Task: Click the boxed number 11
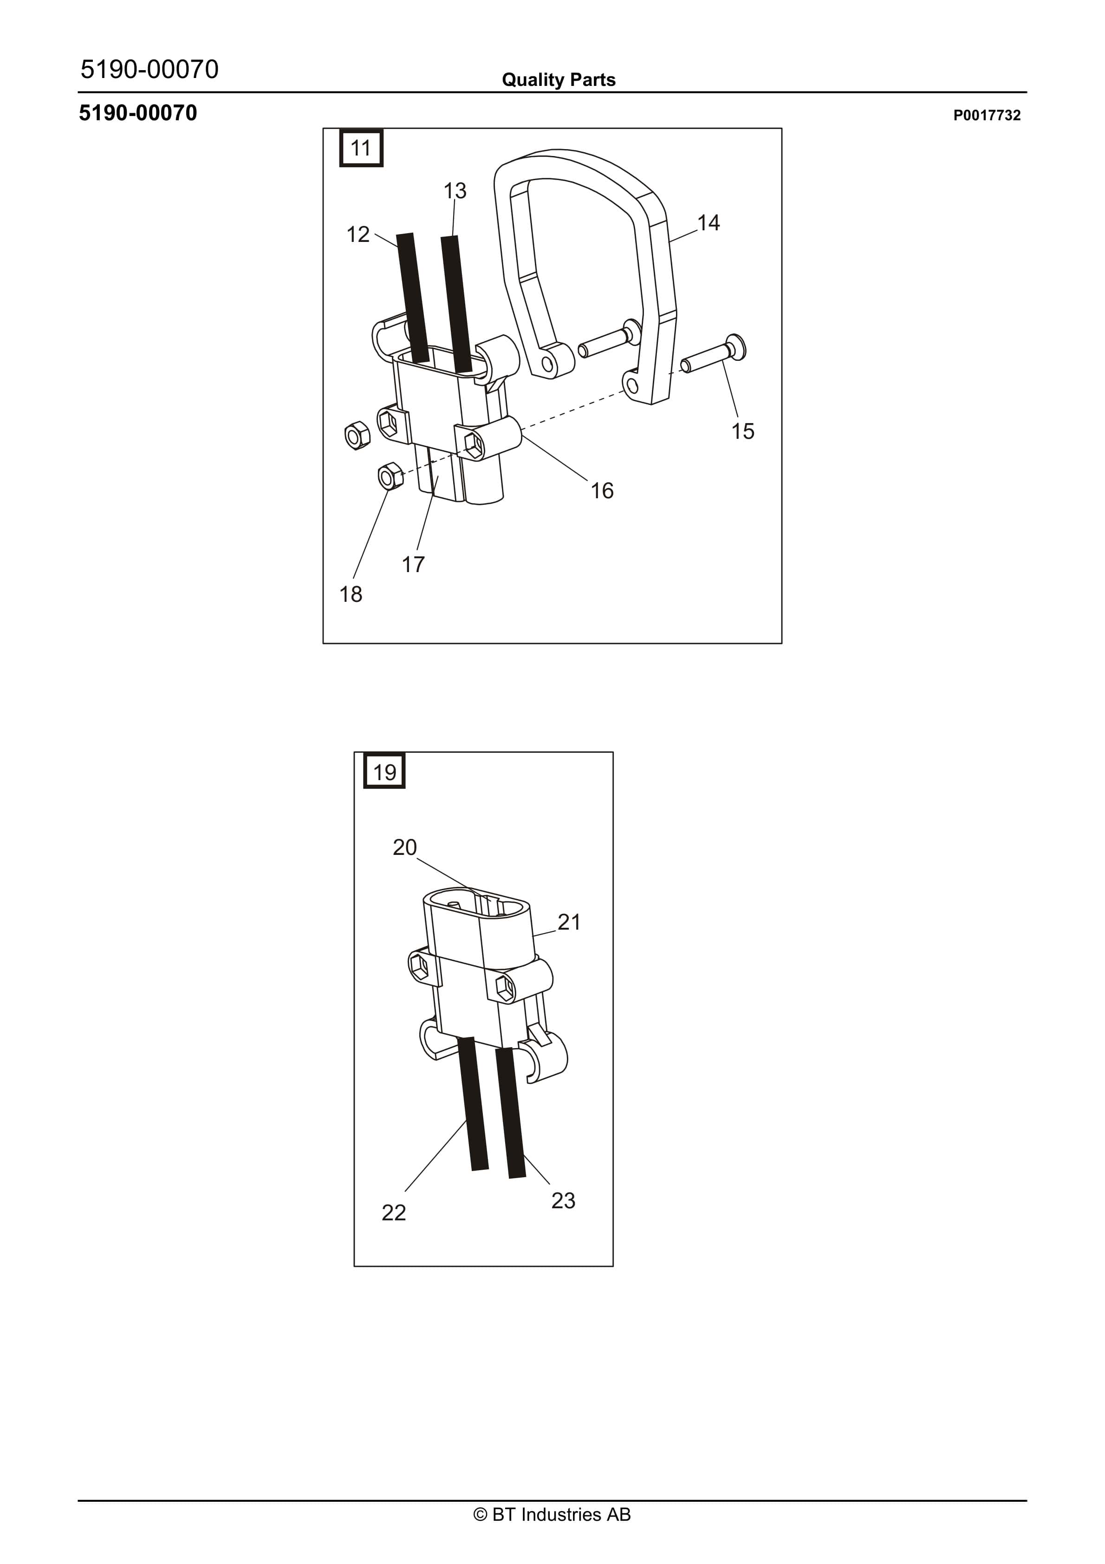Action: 360,148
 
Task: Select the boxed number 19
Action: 384,772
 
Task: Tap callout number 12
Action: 357,235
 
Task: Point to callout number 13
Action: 455,191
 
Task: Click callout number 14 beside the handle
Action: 708,223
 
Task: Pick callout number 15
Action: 742,431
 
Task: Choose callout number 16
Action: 602,490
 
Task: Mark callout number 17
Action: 413,564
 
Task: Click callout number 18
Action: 351,594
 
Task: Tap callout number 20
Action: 405,847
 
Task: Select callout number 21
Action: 569,922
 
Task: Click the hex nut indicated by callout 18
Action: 390,476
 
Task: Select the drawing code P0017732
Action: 987,115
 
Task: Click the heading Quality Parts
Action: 559,80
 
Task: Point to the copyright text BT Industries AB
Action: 552,1514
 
